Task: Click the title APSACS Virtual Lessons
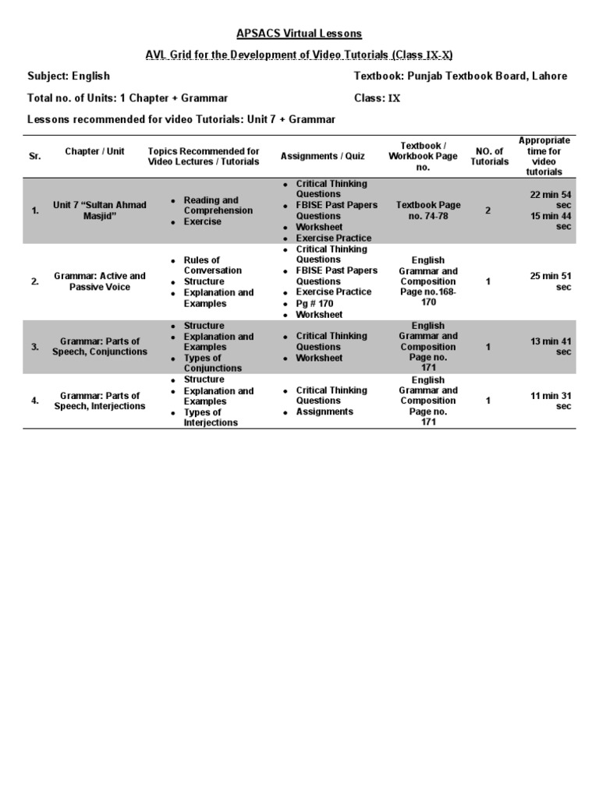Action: coord(299,34)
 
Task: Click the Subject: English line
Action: coord(69,76)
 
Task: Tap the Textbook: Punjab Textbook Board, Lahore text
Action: coord(460,76)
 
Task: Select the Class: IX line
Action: coord(377,98)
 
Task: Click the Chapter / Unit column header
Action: coord(94,151)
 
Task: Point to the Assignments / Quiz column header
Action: coord(322,157)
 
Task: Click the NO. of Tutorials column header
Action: coord(489,157)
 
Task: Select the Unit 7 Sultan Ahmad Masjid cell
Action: coord(99,210)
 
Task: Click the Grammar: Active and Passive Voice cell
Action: coord(99,281)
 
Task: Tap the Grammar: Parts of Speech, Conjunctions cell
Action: coord(99,347)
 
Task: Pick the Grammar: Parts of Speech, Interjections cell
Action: coord(99,401)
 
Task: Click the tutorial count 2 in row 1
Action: coord(488,210)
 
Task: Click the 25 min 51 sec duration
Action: coord(551,281)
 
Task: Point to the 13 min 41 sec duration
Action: coord(551,347)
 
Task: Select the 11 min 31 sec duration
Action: coord(551,401)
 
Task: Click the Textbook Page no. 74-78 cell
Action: coord(428,210)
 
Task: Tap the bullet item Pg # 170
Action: coord(314,304)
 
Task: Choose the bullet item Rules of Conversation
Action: coord(212,265)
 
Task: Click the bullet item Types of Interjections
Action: coord(211,418)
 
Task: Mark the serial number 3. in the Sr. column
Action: coord(35,347)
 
